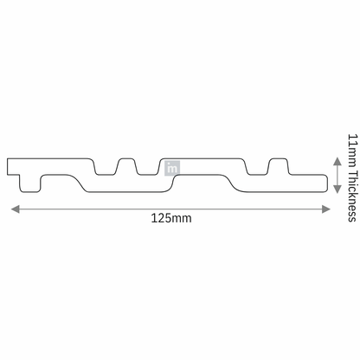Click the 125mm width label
tap(170, 218)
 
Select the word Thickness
tap(350, 189)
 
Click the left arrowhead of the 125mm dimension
tap(13, 208)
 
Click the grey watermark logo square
tap(172, 168)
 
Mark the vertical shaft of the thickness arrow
tap(336, 176)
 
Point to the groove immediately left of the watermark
tap(145, 170)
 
